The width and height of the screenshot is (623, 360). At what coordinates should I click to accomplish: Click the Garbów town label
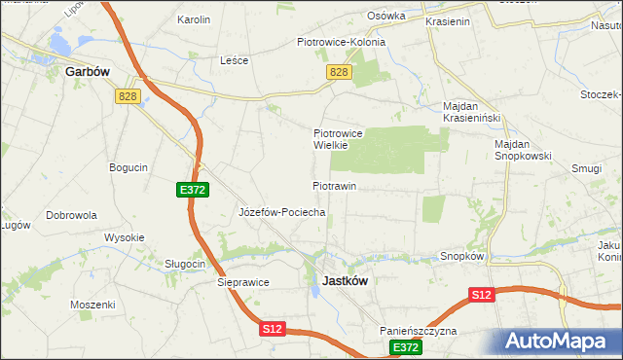point(85,71)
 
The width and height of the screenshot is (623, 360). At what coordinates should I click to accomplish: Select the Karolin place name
point(194,18)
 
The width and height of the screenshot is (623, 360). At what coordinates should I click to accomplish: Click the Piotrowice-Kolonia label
point(341,42)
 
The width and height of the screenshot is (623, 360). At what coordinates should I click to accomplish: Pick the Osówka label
point(385,17)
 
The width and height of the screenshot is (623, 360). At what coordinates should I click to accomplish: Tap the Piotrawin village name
point(335,185)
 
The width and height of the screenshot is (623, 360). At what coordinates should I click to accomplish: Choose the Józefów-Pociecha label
point(281,211)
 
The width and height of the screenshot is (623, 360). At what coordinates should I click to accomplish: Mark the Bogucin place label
point(128,167)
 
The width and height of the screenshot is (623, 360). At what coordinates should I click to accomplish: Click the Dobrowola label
point(70,214)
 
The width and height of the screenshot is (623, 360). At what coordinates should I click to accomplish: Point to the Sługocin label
point(185,264)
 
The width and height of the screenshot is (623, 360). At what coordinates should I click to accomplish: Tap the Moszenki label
point(92,305)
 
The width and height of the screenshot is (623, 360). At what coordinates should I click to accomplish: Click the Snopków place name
point(462,256)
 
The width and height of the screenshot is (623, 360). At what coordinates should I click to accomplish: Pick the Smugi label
point(587,167)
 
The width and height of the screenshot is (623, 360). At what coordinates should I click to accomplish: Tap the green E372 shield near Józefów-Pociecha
point(192,190)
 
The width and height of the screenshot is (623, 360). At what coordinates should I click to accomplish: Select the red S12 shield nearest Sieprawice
point(274,330)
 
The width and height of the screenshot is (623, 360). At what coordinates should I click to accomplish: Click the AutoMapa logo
point(559,342)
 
